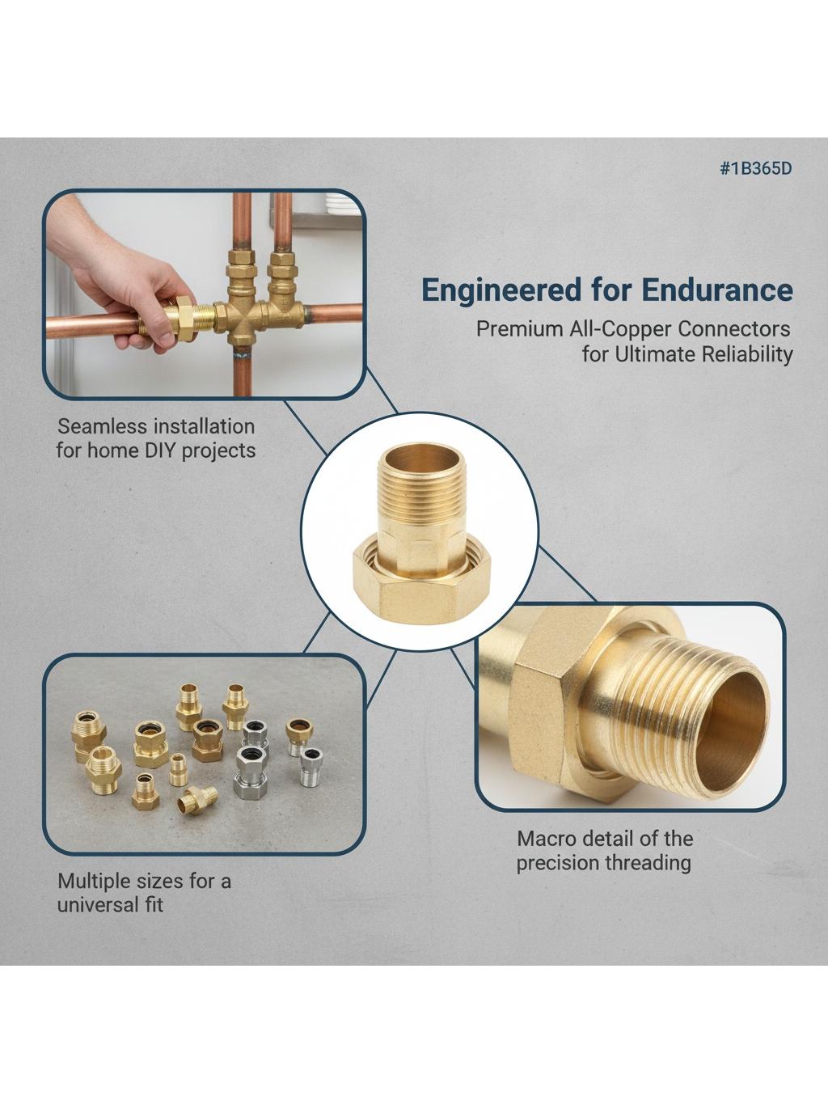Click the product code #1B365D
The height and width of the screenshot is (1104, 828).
[x=755, y=168]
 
